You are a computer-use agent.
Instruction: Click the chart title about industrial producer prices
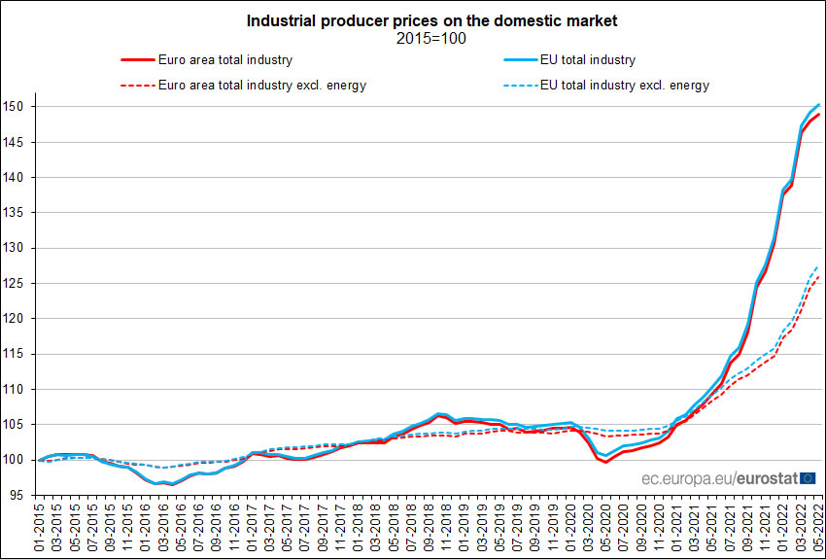pyautogui.click(x=431, y=19)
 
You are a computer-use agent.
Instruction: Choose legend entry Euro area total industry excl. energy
pyautogui.click(x=261, y=85)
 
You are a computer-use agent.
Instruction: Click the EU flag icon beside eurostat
pyautogui.click(x=806, y=477)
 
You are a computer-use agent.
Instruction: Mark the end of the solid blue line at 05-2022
pyautogui.click(x=819, y=104)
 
